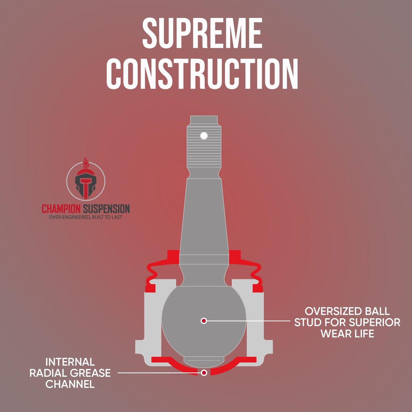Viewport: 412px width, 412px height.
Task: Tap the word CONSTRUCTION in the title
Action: point(202,73)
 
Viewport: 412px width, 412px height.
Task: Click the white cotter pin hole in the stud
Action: point(204,136)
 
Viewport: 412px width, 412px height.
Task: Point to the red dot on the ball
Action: point(204,321)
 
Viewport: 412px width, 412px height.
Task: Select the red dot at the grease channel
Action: point(204,373)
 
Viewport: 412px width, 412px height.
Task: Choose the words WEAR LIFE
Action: point(347,333)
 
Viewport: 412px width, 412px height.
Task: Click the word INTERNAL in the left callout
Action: point(70,362)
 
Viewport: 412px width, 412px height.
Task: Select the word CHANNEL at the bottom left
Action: point(70,384)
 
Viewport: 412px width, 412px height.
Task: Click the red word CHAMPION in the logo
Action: point(61,209)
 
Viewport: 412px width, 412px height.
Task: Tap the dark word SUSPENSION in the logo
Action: point(106,209)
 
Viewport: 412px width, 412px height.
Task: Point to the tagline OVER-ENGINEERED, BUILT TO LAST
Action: point(86,217)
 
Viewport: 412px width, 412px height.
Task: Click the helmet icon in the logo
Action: point(86,184)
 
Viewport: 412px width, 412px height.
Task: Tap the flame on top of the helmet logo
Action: point(85,163)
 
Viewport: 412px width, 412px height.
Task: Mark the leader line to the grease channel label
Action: point(160,373)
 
